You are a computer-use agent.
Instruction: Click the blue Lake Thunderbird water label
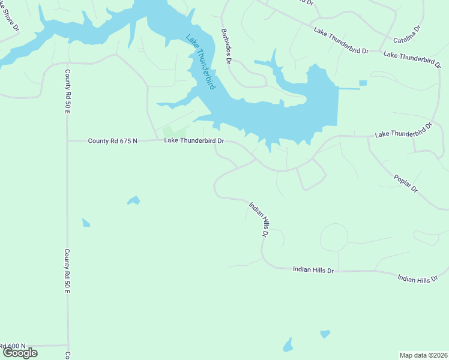[200, 62]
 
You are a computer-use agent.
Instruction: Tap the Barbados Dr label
[226, 46]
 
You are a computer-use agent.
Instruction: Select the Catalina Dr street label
[408, 35]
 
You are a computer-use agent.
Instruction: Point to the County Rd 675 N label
[113, 141]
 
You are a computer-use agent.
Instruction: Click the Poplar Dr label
[406, 184]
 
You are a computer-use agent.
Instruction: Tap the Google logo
[19, 353]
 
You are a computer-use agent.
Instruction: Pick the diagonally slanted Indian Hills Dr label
[258, 220]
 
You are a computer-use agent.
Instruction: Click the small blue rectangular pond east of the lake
[363, 83]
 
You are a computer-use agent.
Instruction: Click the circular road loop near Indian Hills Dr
[334, 237]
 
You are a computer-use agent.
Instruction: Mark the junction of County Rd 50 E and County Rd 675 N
[67, 141]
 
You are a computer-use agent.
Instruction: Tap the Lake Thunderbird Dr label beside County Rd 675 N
[194, 141]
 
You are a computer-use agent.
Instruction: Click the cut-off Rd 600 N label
[13, 346]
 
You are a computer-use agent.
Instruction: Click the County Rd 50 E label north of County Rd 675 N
[67, 89]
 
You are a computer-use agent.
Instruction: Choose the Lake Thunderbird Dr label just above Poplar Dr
[403, 130]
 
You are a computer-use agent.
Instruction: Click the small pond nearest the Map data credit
[325, 334]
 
